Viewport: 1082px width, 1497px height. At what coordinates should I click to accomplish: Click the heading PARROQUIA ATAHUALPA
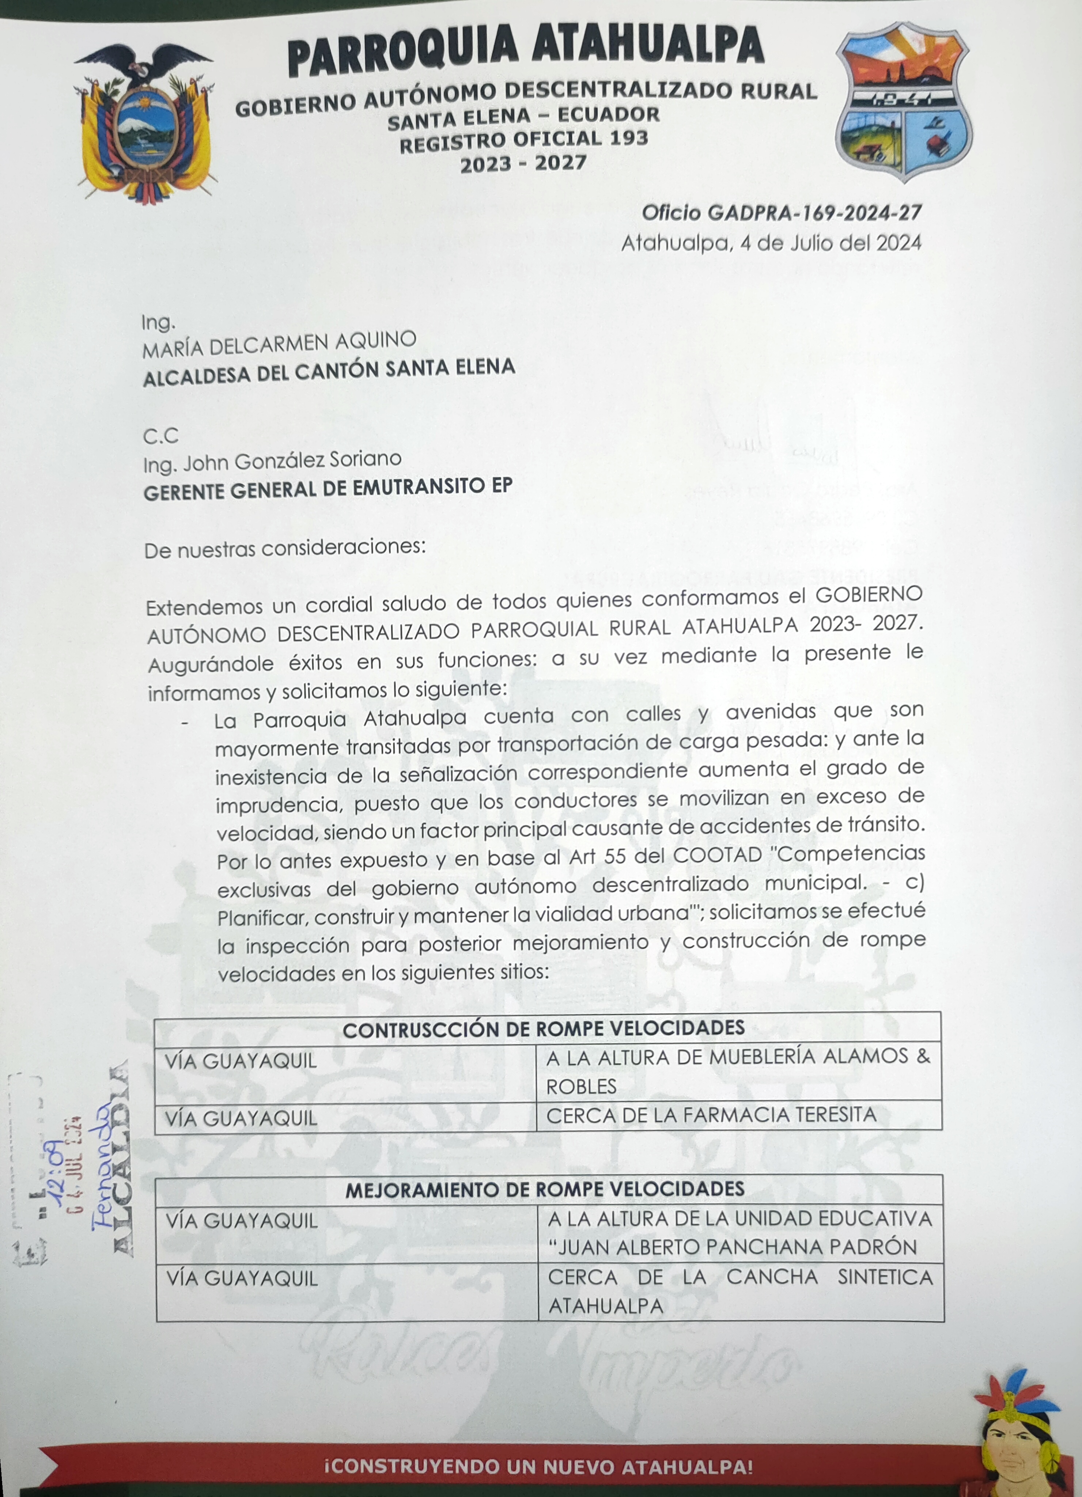(x=526, y=49)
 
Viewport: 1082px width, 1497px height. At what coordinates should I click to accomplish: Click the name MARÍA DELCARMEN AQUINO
(x=279, y=345)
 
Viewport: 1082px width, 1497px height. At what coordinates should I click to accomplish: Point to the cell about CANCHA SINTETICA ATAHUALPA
(x=739, y=1291)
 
